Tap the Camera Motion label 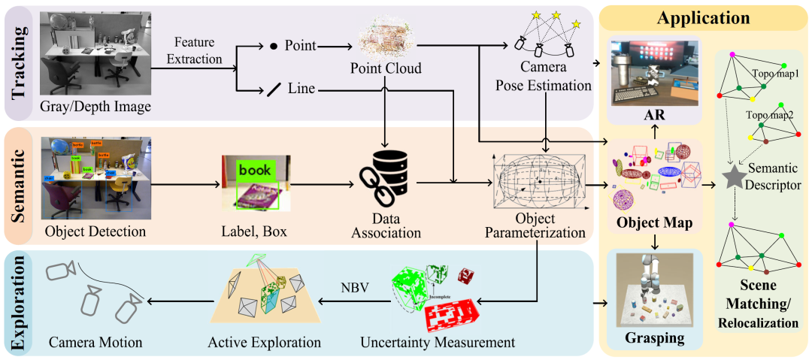pyautogui.click(x=95, y=343)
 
